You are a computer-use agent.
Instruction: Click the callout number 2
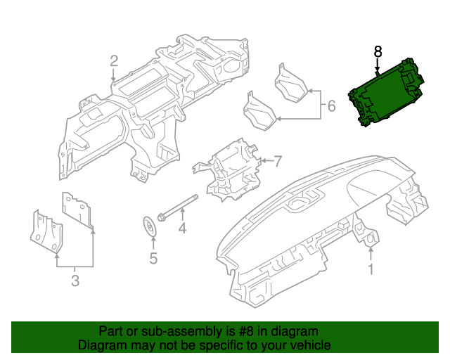point(114,63)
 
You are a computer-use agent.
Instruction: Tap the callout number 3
point(75,282)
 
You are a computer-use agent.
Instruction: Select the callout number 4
point(181,229)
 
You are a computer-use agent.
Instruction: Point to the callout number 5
point(153,258)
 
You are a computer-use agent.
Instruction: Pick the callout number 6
point(331,107)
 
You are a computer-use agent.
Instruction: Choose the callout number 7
point(277,161)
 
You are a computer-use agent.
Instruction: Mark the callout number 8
point(378,51)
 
